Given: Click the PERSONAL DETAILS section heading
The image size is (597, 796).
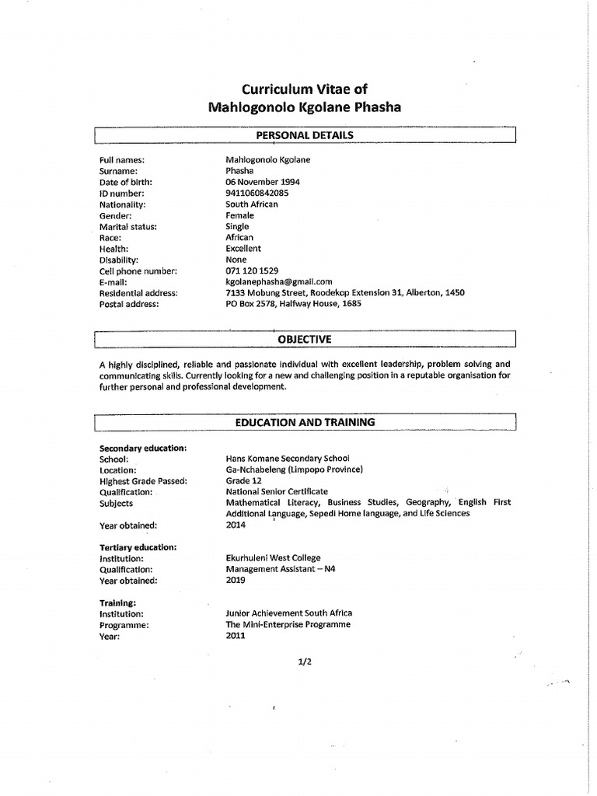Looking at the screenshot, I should pyautogui.click(x=305, y=135).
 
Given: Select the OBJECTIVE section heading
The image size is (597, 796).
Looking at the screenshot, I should pyautogui.click(x=305, y=339).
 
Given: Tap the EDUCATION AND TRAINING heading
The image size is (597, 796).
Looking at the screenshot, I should pyautogui.click(x=305, y=422).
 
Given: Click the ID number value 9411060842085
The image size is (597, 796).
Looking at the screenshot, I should pyautogui.click(x=257, y=193).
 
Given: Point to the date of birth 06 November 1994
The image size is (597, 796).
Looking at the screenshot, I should pyautogui.click(x=263, y=182).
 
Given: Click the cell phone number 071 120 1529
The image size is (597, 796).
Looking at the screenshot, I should pyautogui.click(x=252, y=271).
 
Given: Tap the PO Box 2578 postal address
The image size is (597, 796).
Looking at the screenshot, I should pyautogui.click(x=293, y=304).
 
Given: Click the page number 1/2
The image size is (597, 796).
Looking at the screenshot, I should pyautogui.click(x=304, y=662).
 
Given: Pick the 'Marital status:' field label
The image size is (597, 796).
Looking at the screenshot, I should pyautogui.click(x=128, y=226).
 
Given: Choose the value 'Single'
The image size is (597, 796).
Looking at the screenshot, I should pyautogui.click(x=237, y=226).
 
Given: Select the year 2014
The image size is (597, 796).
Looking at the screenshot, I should pyautogui.click(x=236, y=525).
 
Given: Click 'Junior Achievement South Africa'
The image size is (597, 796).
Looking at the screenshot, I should pyautogui.click(x=288, y=613).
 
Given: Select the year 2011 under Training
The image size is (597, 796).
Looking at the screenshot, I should pyautogui.click(x=236, y=635).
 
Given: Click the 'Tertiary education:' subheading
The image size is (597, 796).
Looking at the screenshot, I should pyautogui.click(x=138, y=546).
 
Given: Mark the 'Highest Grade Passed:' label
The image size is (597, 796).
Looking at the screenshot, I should pyautogui.click(x=144, y=481).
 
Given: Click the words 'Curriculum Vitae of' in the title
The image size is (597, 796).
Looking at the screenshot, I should pyautogui.click(x=305, y=89).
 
